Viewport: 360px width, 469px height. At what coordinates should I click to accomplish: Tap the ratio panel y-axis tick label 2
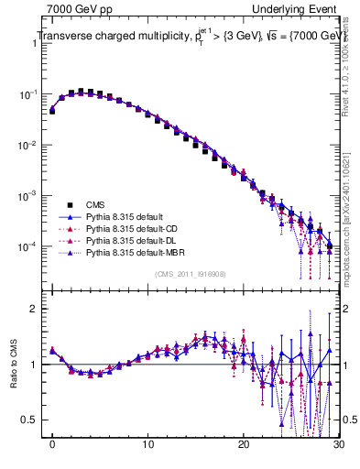(36, 309)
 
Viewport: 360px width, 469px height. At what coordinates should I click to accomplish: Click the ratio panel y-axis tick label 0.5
(32, 420)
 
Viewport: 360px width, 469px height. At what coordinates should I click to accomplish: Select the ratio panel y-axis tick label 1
(36, 365)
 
